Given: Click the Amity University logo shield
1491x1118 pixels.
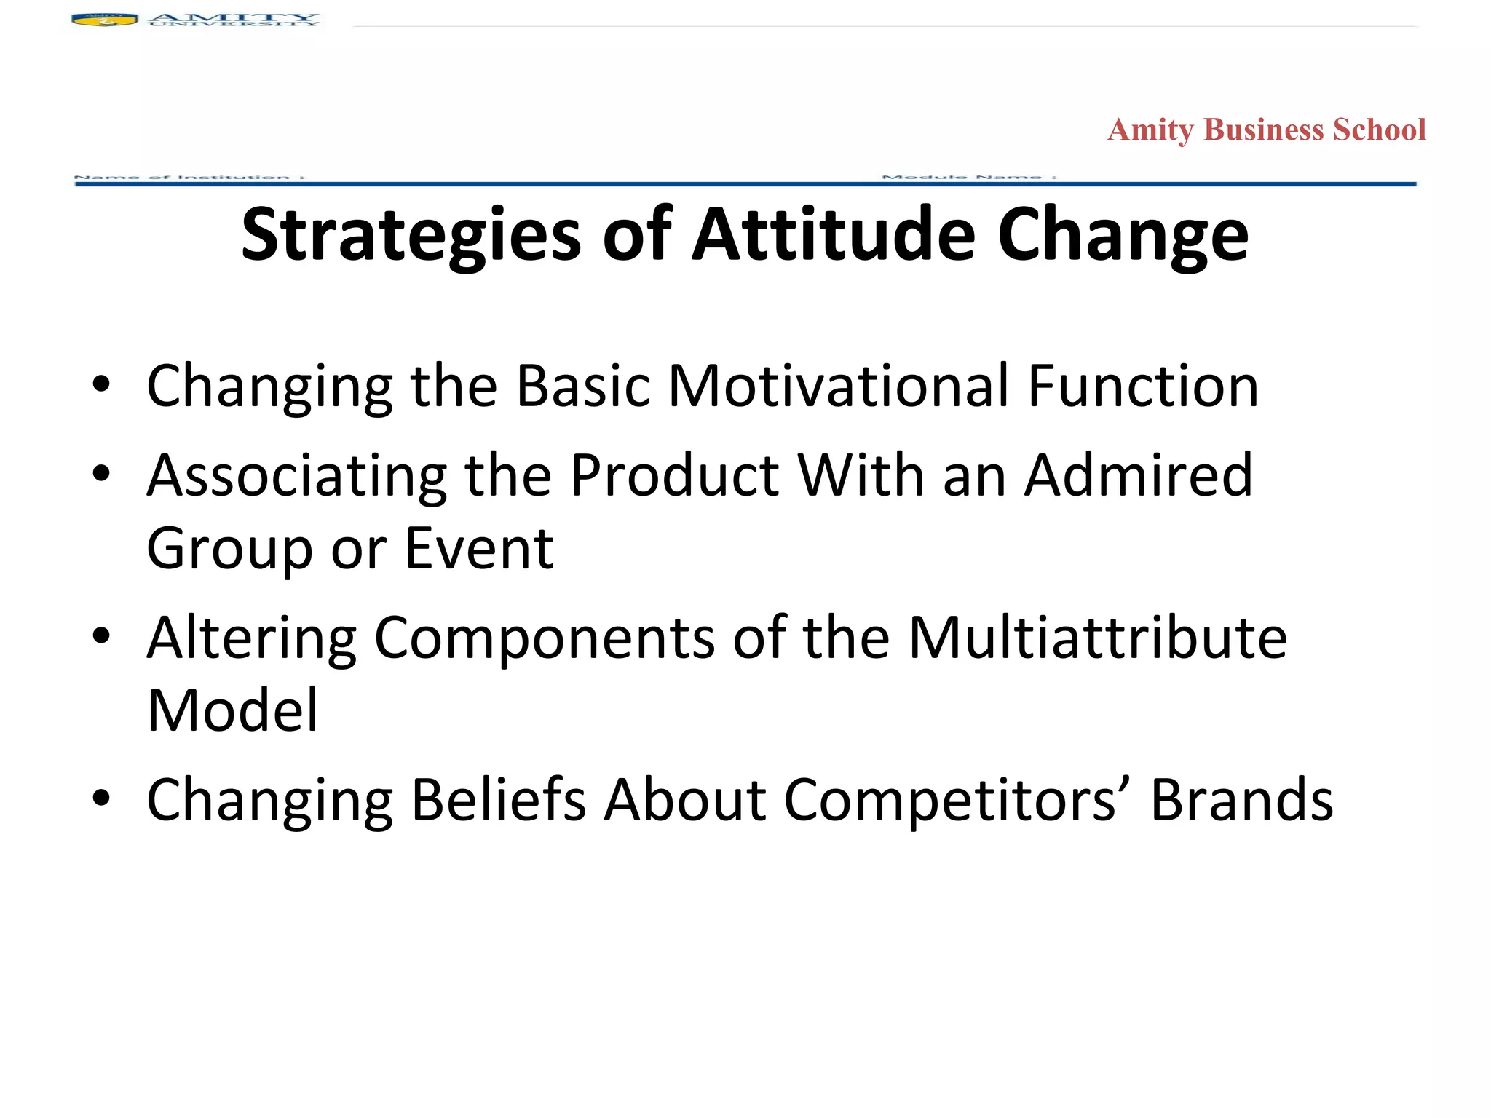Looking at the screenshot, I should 104,20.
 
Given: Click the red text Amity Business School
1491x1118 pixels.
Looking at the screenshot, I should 1266,130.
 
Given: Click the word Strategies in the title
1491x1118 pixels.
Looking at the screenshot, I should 411,235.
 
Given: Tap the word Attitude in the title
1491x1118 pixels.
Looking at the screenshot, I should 834,234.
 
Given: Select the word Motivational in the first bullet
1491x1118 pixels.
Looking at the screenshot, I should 838,386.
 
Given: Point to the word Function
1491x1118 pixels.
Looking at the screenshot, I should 1143,386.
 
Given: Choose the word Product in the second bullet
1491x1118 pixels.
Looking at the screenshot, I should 674,476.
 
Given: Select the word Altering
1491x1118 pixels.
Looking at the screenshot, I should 251,638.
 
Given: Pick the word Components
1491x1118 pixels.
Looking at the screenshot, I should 544,638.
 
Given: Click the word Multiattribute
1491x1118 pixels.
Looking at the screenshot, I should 1097,638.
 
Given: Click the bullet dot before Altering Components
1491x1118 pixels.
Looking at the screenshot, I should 101,636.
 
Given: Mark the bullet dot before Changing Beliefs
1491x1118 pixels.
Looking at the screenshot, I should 101,798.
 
